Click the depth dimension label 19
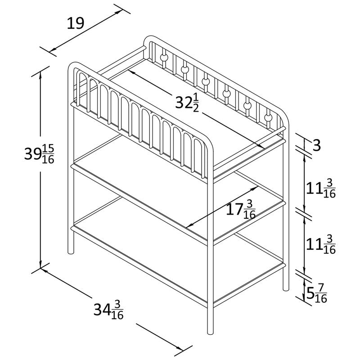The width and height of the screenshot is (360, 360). [75, 23]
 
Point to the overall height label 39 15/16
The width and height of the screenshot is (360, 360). [39, 154]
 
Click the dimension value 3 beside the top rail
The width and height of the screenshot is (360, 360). [316, 145]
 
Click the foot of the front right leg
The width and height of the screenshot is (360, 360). [210, 332]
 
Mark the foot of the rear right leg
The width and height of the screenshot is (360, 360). [286, 288]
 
